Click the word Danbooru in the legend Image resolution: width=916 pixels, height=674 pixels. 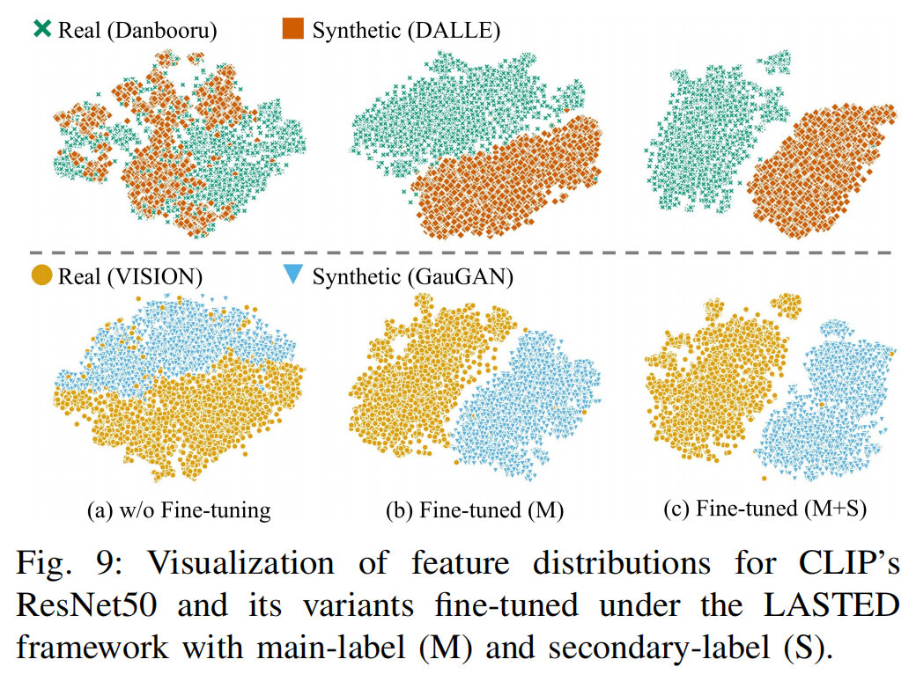(x=165, y=31)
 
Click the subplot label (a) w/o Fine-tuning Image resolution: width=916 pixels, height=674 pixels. (x=179, y=509)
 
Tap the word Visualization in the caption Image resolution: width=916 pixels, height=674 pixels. (x=204, y=564)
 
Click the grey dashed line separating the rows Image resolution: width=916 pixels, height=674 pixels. (x=458, y=253)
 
